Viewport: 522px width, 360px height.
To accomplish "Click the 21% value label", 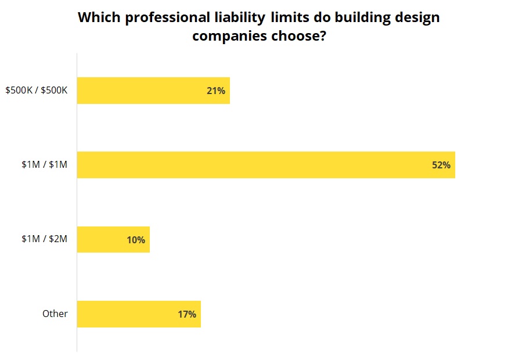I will click(x=215, y=91).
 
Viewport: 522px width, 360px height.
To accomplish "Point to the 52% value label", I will click(x=441, y=165).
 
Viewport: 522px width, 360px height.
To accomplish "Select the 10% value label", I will click(x=136, y=239).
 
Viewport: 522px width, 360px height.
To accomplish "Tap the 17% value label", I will click(x=187, y=314).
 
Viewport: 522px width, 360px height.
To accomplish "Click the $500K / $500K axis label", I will click(x=37, y=91).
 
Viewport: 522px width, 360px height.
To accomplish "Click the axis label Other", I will click(x=55, y=314).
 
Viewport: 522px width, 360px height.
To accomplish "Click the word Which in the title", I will click(x=99, y=17).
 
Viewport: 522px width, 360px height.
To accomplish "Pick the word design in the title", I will click(x=420, y=17).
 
